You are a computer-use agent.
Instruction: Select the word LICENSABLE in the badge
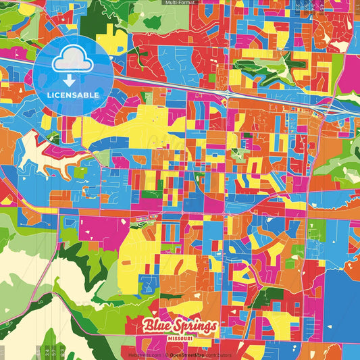[73, 95]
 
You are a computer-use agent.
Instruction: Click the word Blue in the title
[157, 326]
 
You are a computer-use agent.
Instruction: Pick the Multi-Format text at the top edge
[180, 3]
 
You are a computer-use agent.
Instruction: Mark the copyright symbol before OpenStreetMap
[166, 355]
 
